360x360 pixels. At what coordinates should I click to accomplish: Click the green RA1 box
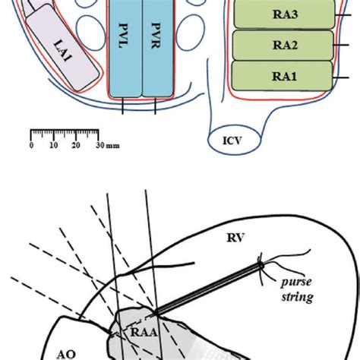282,76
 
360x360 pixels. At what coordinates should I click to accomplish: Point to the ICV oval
233,141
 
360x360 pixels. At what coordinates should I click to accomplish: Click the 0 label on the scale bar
31,144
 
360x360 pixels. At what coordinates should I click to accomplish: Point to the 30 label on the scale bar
99,144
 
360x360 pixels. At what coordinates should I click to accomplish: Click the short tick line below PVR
155,106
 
